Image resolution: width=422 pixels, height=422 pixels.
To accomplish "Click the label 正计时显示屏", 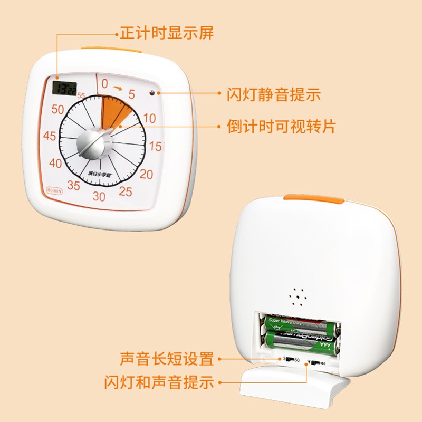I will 167,34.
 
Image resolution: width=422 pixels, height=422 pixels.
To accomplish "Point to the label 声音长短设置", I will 167,359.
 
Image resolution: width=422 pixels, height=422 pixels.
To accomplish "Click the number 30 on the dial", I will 99,197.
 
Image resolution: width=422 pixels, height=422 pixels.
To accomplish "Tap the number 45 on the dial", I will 50,136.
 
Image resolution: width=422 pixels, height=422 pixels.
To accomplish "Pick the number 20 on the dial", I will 146,175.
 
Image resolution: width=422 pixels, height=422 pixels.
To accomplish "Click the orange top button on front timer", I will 111,51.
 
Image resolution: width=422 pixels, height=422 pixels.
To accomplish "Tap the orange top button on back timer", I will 314,198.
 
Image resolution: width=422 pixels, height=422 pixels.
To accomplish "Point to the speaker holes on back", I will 299,298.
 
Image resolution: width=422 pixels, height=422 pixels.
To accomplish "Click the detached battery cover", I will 295,388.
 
